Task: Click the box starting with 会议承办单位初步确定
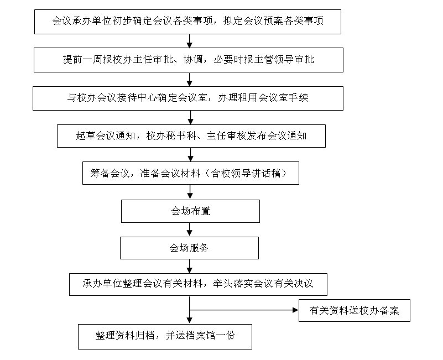187,22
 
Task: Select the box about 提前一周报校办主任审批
187,60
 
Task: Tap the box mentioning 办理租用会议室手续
187,98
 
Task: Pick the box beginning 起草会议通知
191,136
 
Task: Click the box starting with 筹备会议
191,173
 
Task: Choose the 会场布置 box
190,211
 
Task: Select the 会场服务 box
190,248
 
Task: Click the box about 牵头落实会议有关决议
198,284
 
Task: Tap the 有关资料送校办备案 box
355,310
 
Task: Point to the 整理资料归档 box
165,336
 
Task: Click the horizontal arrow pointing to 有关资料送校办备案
243,310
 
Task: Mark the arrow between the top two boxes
190,41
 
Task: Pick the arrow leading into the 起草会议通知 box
190,117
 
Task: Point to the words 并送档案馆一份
201,336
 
